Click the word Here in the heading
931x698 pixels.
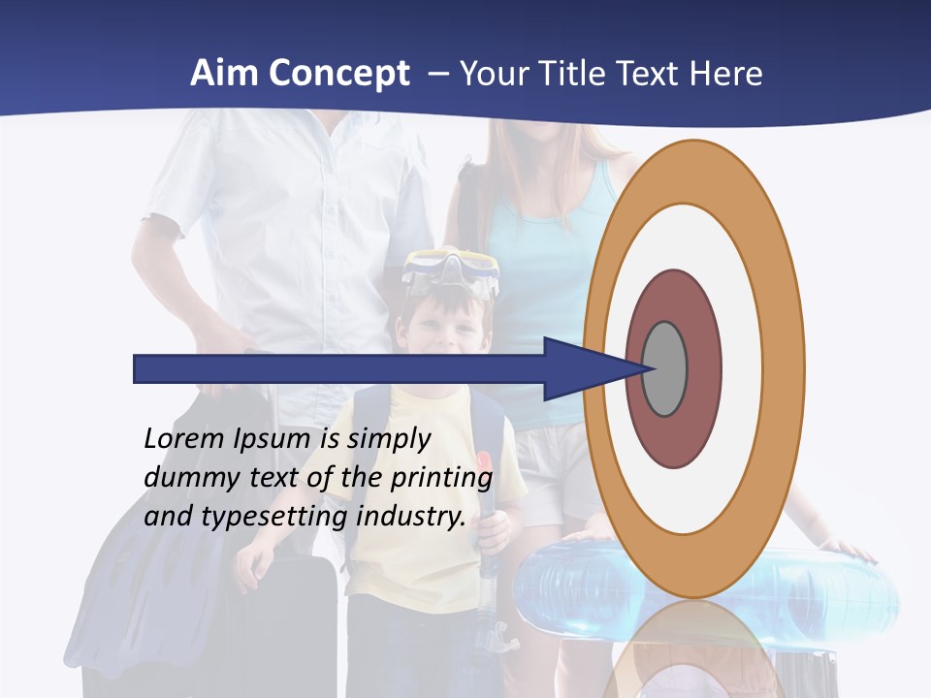coord(726,73)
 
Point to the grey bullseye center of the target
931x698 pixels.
coord(664,368)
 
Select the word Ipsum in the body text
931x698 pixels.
coord(273,439)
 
